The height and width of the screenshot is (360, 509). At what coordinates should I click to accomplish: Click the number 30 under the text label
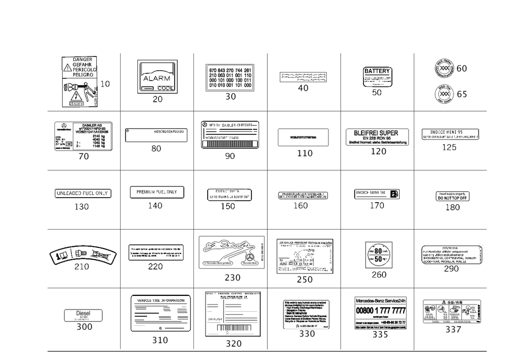231,97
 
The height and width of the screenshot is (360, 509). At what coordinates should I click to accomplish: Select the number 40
303,88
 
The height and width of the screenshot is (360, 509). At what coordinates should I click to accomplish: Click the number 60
462,68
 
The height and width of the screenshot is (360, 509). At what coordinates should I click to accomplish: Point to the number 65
462,94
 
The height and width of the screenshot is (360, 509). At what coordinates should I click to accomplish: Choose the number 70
83,157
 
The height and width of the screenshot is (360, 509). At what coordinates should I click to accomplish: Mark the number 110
304,153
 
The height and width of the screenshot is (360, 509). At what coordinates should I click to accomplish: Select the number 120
379,151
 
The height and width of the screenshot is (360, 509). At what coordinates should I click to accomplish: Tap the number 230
232,278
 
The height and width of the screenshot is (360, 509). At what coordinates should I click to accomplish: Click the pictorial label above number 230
232,251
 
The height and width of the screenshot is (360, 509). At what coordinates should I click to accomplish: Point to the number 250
304,280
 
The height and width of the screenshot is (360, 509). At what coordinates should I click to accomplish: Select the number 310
160,340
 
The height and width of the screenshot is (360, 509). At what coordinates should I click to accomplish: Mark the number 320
233,344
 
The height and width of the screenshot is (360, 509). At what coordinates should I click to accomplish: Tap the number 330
306,334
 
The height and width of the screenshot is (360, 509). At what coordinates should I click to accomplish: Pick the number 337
453,329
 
